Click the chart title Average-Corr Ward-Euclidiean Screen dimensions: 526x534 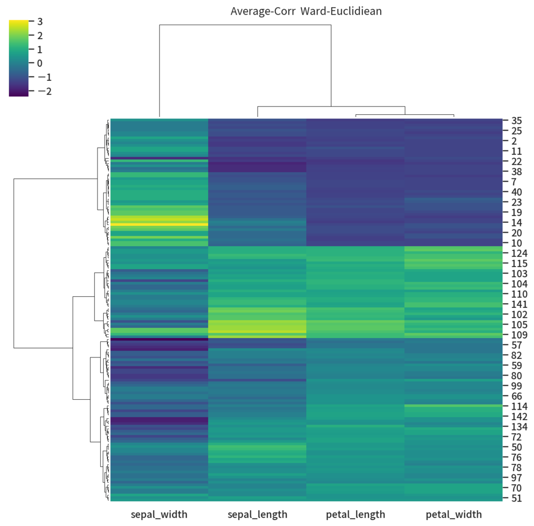306,11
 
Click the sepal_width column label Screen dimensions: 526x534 159,515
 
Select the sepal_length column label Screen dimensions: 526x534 257,515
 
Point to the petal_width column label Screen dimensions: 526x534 453,515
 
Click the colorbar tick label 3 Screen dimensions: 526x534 40,21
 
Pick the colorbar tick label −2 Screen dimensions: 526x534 44,91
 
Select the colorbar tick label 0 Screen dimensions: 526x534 40,63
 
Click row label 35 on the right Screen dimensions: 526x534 517,121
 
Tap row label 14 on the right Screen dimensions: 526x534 517,223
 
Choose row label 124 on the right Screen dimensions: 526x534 519,253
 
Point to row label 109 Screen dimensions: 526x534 519,335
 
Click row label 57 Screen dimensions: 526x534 517,345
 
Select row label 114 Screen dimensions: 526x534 519,407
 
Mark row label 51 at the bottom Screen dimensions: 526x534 517,498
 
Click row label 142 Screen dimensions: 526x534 519,416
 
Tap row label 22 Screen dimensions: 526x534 517,161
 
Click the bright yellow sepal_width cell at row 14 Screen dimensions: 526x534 159,224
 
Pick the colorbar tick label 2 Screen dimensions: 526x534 40,35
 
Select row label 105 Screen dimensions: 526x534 519,325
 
